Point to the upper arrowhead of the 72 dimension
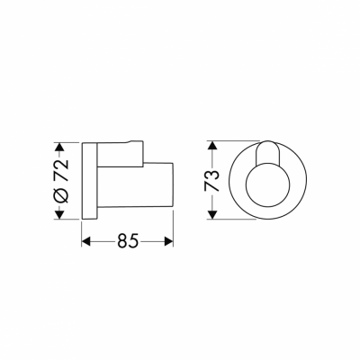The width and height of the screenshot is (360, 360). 60,146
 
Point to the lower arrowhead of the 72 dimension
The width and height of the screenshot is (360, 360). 60,213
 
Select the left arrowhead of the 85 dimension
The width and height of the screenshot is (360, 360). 86,242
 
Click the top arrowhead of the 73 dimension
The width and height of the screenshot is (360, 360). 211,144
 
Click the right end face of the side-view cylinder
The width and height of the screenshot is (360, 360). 172,190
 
